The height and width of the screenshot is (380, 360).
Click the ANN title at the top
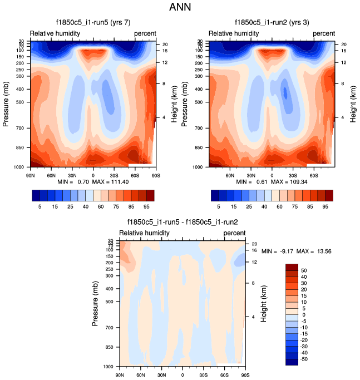click(x=180, y=8)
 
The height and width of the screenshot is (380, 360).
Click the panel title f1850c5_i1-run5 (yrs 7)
click(x=93, y=23)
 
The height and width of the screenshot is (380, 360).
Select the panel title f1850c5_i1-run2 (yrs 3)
click(x=272, y=23)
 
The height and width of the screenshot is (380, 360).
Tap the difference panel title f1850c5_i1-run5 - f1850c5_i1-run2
click(x=182, y=224)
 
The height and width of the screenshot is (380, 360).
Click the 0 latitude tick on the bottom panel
click(x=182, y=375)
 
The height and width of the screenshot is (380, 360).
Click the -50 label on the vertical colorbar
click(x=305, y=360)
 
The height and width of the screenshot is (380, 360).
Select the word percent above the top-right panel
click(x=324, y=33)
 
